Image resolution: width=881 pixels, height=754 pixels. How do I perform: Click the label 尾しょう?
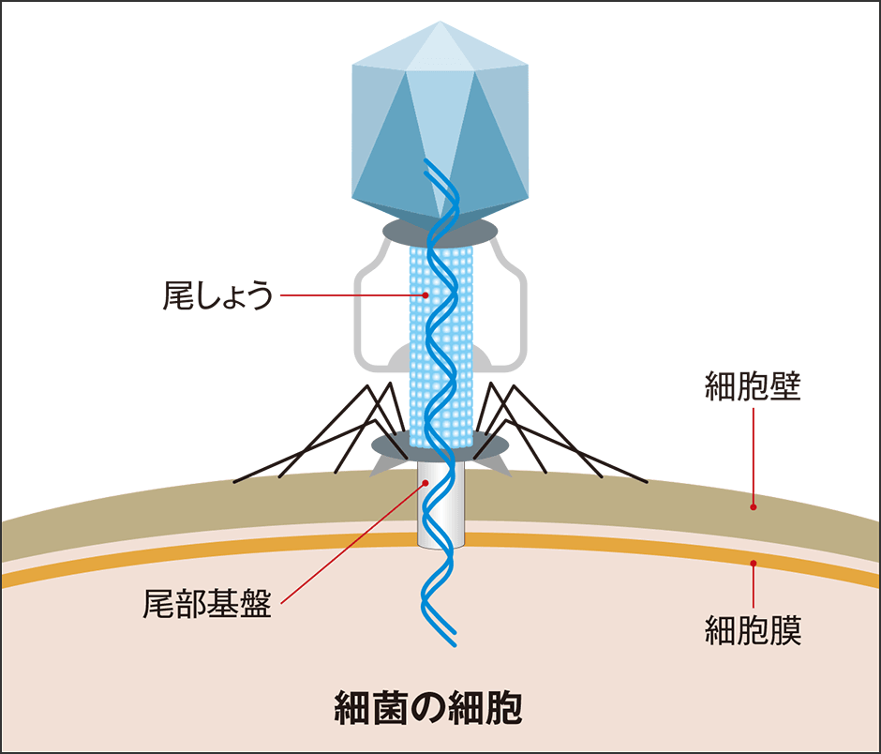(217, 296)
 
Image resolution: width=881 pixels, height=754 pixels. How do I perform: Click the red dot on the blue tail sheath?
(426, 295)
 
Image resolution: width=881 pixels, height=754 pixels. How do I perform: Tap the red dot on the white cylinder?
(426, 483)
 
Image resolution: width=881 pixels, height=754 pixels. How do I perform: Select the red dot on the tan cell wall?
(753, 505)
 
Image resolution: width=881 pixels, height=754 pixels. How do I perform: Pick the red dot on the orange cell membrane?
(753, 563)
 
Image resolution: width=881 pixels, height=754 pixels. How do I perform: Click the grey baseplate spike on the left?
(381, 466)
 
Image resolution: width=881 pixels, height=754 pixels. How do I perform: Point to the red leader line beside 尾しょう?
(351, 295)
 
